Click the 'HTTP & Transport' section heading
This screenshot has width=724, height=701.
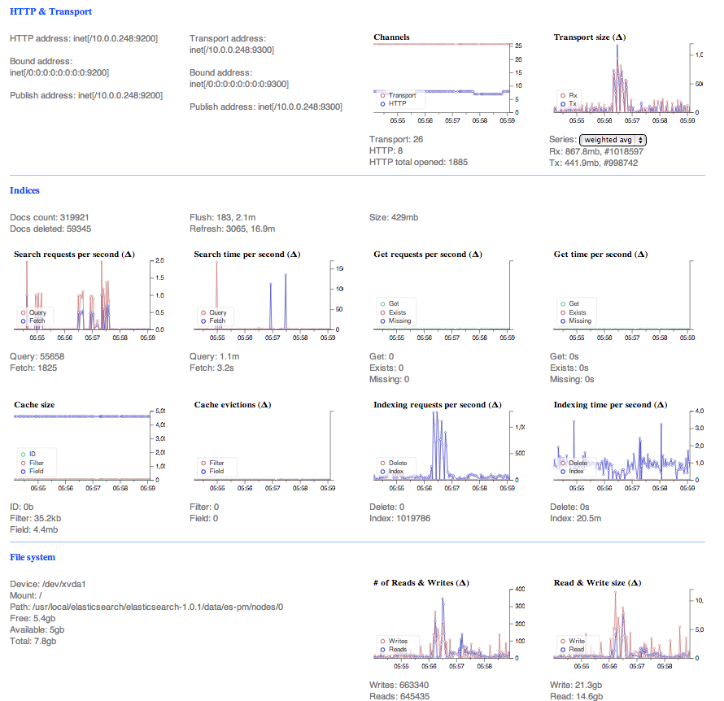tap(50, 12)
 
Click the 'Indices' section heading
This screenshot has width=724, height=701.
tap(24, 190)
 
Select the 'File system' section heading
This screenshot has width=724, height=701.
tap(33, 557)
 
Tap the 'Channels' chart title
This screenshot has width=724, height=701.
tap(391, 37)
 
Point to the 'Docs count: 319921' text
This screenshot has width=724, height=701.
tap(49, 218)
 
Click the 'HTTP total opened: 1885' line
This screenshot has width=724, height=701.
tap(418, 162)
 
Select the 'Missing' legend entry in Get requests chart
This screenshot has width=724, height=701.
tap(399, 320)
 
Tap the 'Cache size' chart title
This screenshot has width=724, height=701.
tap(35, 405)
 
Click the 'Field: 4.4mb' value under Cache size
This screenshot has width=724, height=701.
tap(33, 529)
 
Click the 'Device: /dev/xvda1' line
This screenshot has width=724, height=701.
tap(48, 584)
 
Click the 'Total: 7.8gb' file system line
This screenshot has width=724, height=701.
tap(33, 641)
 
